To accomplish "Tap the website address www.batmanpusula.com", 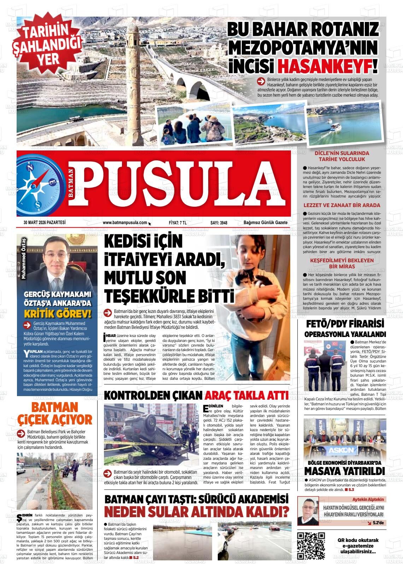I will click(x=125, y=223).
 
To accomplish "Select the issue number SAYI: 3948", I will click(x=218, y=223).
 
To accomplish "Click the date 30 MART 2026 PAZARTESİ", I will click(x=45, y=223).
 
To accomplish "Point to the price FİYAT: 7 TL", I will click(x=177, y=223).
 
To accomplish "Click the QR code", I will click(x=311, y=545).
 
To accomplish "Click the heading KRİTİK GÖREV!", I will click(x=58, y=314).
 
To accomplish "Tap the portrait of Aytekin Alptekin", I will click(x=308, y=511).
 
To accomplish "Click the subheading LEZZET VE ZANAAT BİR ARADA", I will click(x=337, y=205).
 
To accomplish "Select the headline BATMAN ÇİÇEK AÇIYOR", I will click(x=54, y=413).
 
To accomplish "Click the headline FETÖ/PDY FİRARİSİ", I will click(x=345, y=324).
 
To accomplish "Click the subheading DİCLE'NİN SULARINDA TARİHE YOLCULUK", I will click(x=337, y=156).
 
